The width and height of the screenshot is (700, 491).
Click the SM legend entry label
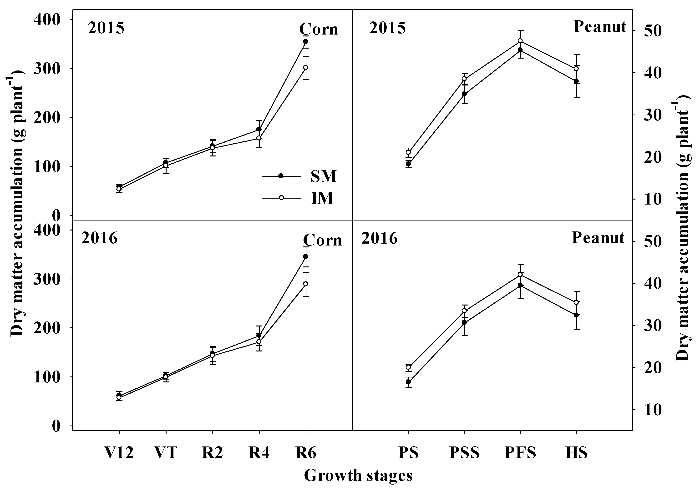coord(324,176)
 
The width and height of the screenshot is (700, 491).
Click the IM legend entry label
coord(322,198)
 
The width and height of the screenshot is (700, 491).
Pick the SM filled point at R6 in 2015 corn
coord(306,41)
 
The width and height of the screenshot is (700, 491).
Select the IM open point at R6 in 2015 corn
coord(306,67)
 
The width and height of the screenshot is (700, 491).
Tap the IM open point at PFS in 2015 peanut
coord(520,41)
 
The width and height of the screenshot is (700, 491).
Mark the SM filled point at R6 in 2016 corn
coord(306,256)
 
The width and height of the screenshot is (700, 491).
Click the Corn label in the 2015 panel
coord(319,30)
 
